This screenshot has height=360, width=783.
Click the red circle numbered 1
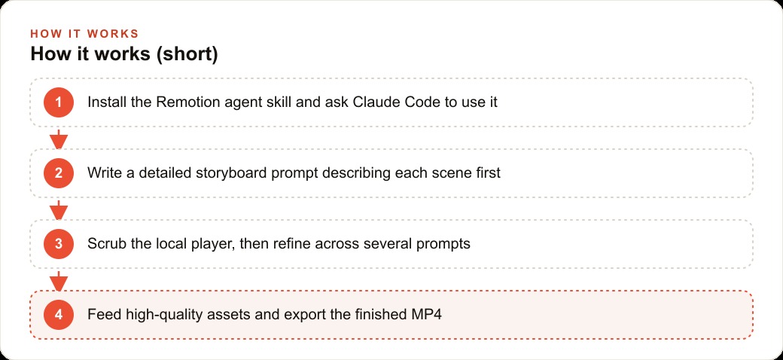tap(59, 102)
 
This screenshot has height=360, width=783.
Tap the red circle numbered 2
tap(59, 173)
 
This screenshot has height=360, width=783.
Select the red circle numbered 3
tap(59, 244)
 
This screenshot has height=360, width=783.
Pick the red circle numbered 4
tap(59, 315)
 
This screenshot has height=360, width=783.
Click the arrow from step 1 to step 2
tap(59, 139)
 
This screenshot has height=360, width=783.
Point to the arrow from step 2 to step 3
tap(59, 209)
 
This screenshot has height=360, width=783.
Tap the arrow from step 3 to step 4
tap(59, 281)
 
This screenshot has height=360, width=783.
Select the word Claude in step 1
tap(374, 102)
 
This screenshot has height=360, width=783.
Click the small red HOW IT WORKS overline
tap(84, 34)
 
